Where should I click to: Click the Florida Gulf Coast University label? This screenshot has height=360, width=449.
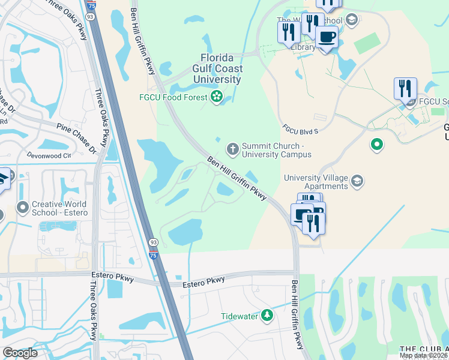pos(221,68)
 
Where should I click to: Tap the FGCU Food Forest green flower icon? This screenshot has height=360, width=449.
pos(216,96)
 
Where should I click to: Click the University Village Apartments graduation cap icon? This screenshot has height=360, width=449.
pos(357,181)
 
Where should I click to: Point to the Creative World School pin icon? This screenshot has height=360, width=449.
pos(23,208)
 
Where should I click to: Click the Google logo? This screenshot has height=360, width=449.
pos(20,353)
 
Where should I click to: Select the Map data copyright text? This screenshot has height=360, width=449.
pos(424,355)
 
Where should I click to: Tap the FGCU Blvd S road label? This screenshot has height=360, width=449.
pos(300,130)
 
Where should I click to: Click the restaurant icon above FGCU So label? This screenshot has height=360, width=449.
pos(405,88)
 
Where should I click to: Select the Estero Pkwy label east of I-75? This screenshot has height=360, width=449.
pos(203,281)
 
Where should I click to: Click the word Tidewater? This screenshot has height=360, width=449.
pos(239,316)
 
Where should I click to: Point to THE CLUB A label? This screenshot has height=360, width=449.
pos(424,349)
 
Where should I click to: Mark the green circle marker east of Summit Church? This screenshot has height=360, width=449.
pos(376,144)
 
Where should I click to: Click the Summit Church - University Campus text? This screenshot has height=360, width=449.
pos(276,150)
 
